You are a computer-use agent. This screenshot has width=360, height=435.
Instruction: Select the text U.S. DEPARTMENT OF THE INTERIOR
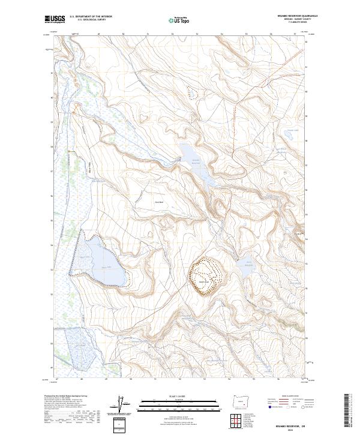click(91, 17)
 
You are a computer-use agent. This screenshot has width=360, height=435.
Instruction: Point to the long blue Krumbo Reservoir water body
click(198, 165)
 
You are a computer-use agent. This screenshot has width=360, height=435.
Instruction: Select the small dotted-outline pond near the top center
click(191, 92)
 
